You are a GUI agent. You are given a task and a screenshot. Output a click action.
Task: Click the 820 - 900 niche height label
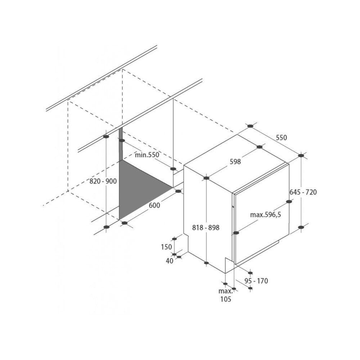[x=103, y=181]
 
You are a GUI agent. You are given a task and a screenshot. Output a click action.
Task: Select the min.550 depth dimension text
[x=147, y=155]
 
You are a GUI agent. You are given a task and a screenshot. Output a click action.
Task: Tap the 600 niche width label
[x=154, y=205]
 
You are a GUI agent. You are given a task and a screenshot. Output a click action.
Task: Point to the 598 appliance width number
[x=235, y=162]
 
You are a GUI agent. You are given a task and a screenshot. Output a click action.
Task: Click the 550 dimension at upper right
[x=281, y=138]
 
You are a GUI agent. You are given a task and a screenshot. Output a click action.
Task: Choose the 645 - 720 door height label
[x=303, y=192]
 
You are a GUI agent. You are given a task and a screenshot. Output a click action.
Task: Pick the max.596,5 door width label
[x=266, y=215]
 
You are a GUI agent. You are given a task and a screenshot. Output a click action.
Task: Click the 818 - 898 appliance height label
[x=206, y=228]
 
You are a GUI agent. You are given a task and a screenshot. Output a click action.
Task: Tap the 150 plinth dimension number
[x=166, y=247]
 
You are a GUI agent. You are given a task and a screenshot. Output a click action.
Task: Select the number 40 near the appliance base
[x=170, y=261]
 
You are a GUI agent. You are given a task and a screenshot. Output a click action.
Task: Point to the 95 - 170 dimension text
[x=256, y=281]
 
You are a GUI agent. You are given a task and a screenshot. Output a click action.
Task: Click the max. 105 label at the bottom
[x=225, y=295]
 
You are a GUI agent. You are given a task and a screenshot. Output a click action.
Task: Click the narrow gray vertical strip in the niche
[x=121, y=145]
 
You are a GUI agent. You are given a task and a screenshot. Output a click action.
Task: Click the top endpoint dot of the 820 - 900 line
[x=106, y=136]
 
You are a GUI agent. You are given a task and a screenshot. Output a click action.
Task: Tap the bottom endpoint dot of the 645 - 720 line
[x=301, y=227]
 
